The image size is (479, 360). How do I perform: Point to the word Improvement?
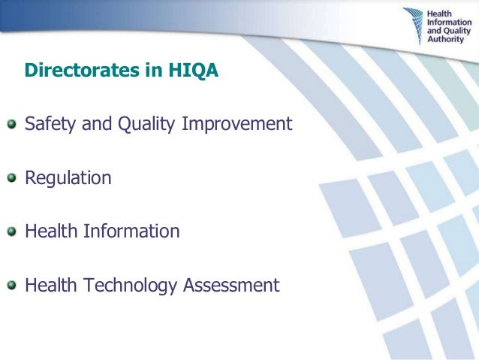[x=236, y=124]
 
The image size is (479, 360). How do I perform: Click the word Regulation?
[x=68, y=179]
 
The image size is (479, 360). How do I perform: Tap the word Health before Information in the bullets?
[x=50, y=231]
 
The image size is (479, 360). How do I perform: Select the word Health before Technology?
[x=50, y=286]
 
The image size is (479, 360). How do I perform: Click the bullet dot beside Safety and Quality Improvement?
[x=11, y=124]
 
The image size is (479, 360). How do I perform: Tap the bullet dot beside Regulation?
[x=11, y=178]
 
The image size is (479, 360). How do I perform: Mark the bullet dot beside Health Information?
[x=11, y=231]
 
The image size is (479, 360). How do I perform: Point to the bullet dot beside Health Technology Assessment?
[x=11, y=286]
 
